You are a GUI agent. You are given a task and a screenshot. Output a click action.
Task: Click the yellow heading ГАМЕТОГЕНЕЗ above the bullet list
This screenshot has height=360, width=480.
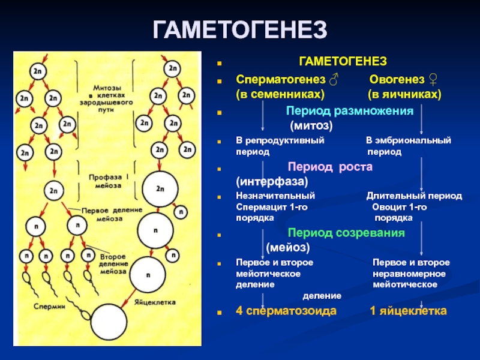click(343, 62)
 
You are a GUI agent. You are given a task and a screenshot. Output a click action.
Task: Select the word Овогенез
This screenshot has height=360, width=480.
click(395, 80)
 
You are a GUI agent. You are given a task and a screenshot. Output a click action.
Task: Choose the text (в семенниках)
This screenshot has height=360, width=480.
click(280, 95)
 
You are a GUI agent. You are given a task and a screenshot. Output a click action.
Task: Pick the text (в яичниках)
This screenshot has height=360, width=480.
click(404, 95)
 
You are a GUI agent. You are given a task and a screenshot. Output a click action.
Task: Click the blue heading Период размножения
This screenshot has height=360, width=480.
click(350, 111)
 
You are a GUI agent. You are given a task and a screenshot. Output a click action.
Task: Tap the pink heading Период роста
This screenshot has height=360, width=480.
click(330, 167)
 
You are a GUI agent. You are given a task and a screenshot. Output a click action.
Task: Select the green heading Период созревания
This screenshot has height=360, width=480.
click(346, 232)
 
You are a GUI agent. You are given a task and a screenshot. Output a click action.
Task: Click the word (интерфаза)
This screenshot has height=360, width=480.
click(271, 181)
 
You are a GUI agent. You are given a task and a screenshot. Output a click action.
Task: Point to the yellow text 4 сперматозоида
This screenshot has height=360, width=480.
click(286, 311)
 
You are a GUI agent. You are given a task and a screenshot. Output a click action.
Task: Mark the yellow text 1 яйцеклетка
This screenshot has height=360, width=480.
click(407, 311)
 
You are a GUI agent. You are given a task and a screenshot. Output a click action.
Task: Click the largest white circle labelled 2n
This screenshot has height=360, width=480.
click(160, 188)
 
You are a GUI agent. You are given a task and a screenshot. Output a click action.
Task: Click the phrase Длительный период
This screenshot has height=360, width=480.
click(414, 196)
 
